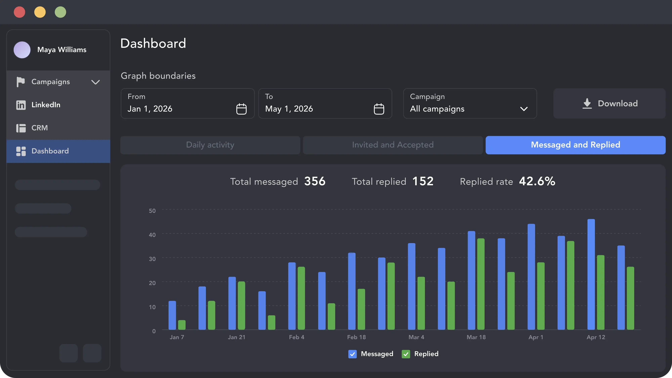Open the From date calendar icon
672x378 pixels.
coord(241,109)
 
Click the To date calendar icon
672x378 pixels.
coord(379,109)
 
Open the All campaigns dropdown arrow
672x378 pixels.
coord(524,109)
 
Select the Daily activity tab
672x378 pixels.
coord(210,145)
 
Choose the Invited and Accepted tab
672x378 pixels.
coord(393,145)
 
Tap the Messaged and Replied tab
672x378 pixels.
coord(575,145)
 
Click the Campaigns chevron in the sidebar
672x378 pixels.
coord(95,82)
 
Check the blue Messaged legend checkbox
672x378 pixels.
coord(352,354)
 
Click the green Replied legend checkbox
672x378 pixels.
coord(406,354)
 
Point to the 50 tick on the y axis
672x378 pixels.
coord(152,211)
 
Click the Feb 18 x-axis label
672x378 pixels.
coord(356,337)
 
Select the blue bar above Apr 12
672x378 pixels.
coord(591,274)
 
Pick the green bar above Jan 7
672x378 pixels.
coord(182,325)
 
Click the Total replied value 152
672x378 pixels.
coord(423,181)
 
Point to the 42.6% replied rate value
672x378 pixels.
coord(537,181)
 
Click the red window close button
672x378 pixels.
coord(19,12)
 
